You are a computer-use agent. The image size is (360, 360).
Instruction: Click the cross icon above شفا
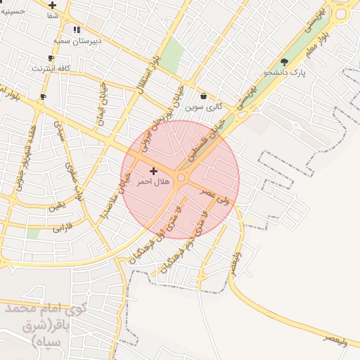[x=53, y=5]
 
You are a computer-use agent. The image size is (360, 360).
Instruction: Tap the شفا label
[x=53, y=15]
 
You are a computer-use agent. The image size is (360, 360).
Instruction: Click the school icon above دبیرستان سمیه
[x=77, y=30]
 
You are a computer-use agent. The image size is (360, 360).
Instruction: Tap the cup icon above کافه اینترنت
[x=51, y=58]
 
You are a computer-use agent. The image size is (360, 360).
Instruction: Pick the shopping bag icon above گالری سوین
[x=204, y=96]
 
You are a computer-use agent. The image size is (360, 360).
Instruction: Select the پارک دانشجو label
[x=285, y=72]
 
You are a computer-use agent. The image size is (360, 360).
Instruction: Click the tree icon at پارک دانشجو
[x=284, y=61]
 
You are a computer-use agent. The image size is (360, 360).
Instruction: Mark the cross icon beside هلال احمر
[x=153, y=171]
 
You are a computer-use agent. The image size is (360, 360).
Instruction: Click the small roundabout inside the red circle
[x=181, y=179]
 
